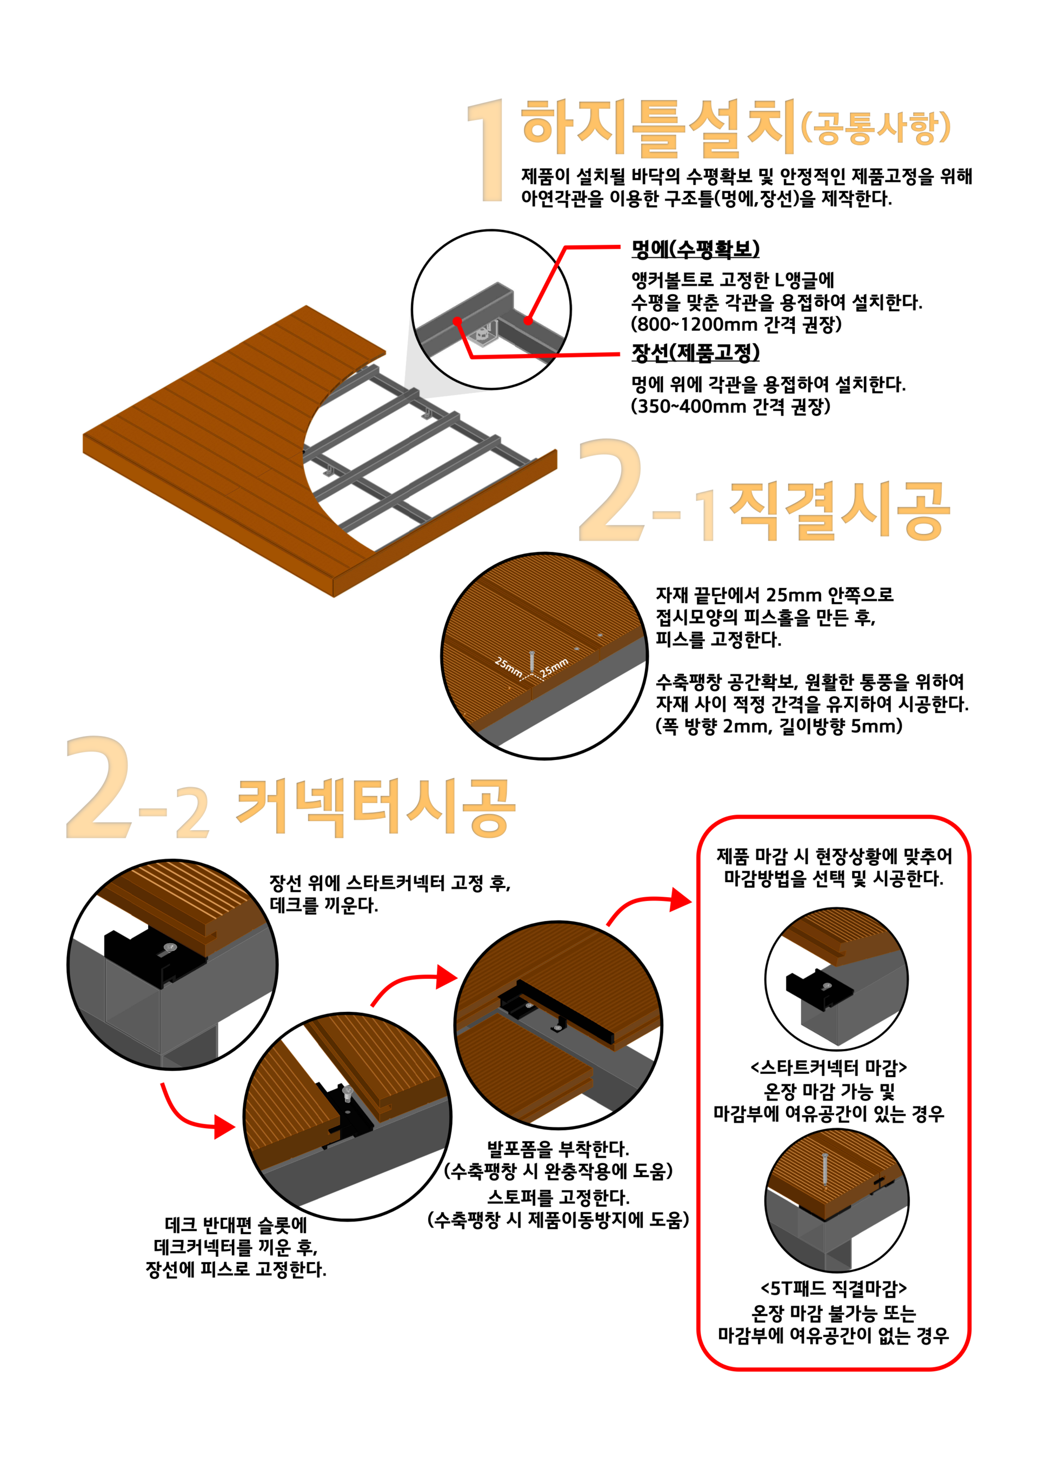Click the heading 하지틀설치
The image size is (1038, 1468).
pyautogui.click(x=658, y=128)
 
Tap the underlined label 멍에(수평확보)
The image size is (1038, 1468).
pyautogui.click(x=695, y=248)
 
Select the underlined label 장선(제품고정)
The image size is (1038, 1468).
pyautogui.click(x=695, y=352)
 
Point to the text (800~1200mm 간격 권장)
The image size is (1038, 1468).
pyautogui.click(x=736, y=324)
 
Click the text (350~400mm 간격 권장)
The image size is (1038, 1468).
pyautogui.click(x=730, y=406)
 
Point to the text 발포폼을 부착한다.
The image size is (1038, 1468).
pyautogui.click(x=558, y=1149)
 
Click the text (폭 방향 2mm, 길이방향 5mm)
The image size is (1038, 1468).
pyautogui.click(x=779, y=726)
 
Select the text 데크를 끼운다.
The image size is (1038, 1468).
pyautogui.click(x=324, y=905)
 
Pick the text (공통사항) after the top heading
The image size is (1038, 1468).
pyautogui.click(x=876, y=128)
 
